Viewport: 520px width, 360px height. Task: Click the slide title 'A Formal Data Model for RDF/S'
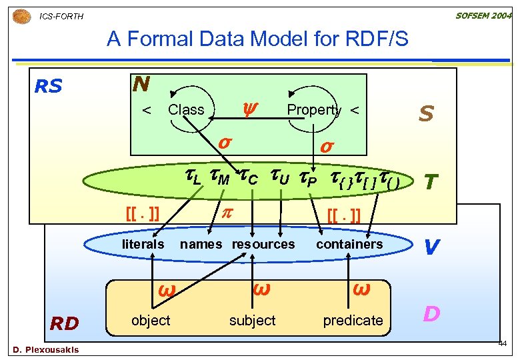(257, 40)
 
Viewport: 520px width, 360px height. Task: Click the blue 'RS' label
(48, 87)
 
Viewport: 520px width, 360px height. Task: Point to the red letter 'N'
(141, 84)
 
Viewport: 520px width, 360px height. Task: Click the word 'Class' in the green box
(186, 110)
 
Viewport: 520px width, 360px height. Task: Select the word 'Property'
(313, 110)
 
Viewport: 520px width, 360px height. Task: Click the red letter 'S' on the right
(425, 114)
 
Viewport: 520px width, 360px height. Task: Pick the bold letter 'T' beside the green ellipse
(431, 182)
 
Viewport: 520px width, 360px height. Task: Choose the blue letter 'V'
(431, 247)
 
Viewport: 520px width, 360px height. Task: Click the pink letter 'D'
(431, 313)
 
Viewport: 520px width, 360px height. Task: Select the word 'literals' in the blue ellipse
(143, 244)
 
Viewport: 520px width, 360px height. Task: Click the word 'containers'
(349, 244)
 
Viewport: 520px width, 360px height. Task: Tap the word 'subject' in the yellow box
(252, 321)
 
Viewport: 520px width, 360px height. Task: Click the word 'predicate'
(353, 321)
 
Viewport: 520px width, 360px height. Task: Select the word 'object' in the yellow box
(151, 321)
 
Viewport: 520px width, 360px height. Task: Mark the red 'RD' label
(65, 324)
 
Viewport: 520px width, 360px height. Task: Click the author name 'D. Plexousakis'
(45, 350)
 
